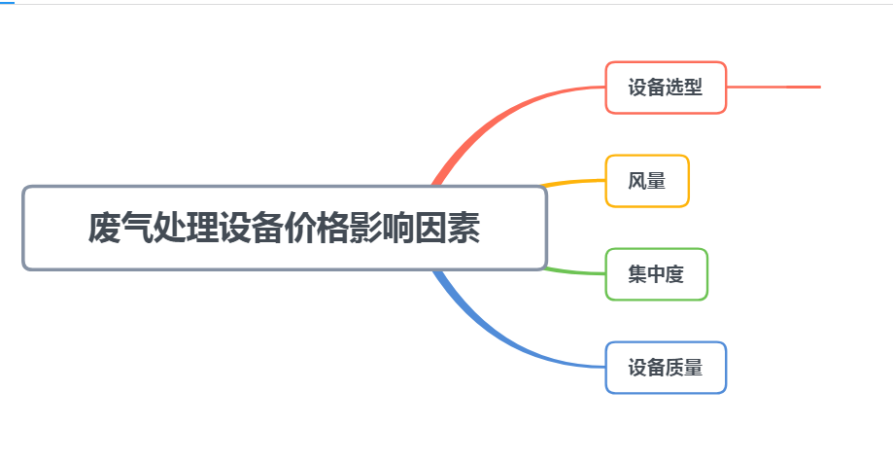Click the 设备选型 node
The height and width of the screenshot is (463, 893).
[x=666, y=88]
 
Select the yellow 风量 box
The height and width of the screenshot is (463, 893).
[x=647, y=181]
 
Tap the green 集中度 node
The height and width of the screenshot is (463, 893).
[x=656, y=274]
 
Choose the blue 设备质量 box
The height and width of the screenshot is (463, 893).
[x=666, y=368]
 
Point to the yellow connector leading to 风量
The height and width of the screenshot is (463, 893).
[x=572, y=182]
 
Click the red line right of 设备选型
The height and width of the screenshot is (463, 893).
[x=773, y=88]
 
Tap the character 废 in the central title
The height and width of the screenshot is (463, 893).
[x=104, y=228]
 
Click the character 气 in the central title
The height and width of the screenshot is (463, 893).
[x=137, y=228]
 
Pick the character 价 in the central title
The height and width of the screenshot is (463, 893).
[x=300, y=228]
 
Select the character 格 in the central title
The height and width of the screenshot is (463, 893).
[x=333, y=228]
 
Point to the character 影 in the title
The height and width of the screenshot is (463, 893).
[x=365, y=228]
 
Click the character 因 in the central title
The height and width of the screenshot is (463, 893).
[x=431, y=228]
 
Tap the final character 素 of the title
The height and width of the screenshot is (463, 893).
[x=464, y=228]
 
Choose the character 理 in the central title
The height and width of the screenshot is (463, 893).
[x=202, y=228]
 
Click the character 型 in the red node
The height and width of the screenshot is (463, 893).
[x=694, y=88]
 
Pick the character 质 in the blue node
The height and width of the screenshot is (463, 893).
[x=675, y=368]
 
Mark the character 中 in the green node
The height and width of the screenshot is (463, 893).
[x=656, y=274]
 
